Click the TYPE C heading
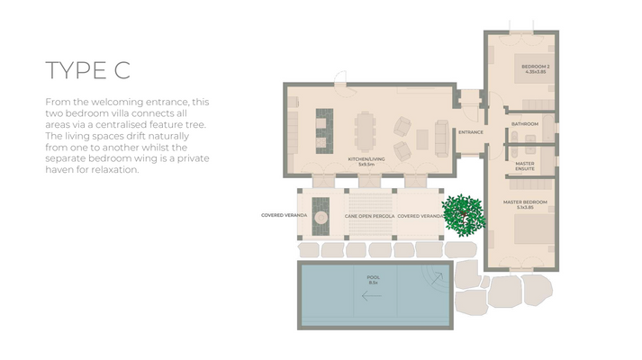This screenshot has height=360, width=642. [88, 71]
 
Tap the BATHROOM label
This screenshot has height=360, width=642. [524, 123]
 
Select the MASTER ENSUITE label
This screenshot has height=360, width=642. [525, 166]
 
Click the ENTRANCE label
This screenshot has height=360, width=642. [470, 132]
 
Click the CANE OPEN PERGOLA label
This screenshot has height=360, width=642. [369, 216]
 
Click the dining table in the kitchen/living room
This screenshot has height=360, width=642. [364, 130]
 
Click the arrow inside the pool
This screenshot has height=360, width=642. [373, 293]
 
